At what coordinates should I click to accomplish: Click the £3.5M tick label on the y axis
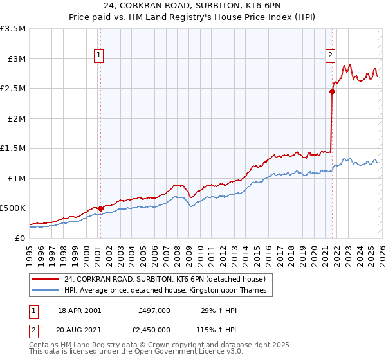tap(13, 29)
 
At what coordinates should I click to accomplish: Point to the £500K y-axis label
tap(13, 208)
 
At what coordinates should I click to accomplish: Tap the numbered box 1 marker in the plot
tap(100, 55)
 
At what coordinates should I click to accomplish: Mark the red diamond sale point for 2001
tap(101, 208)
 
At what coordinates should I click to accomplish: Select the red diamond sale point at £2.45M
tap(332, 91)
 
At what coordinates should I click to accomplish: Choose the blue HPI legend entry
tap(167, 291)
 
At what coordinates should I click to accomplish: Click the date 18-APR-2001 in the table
tap(79, 310)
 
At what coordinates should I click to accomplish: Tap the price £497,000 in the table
tap(154, 310)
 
